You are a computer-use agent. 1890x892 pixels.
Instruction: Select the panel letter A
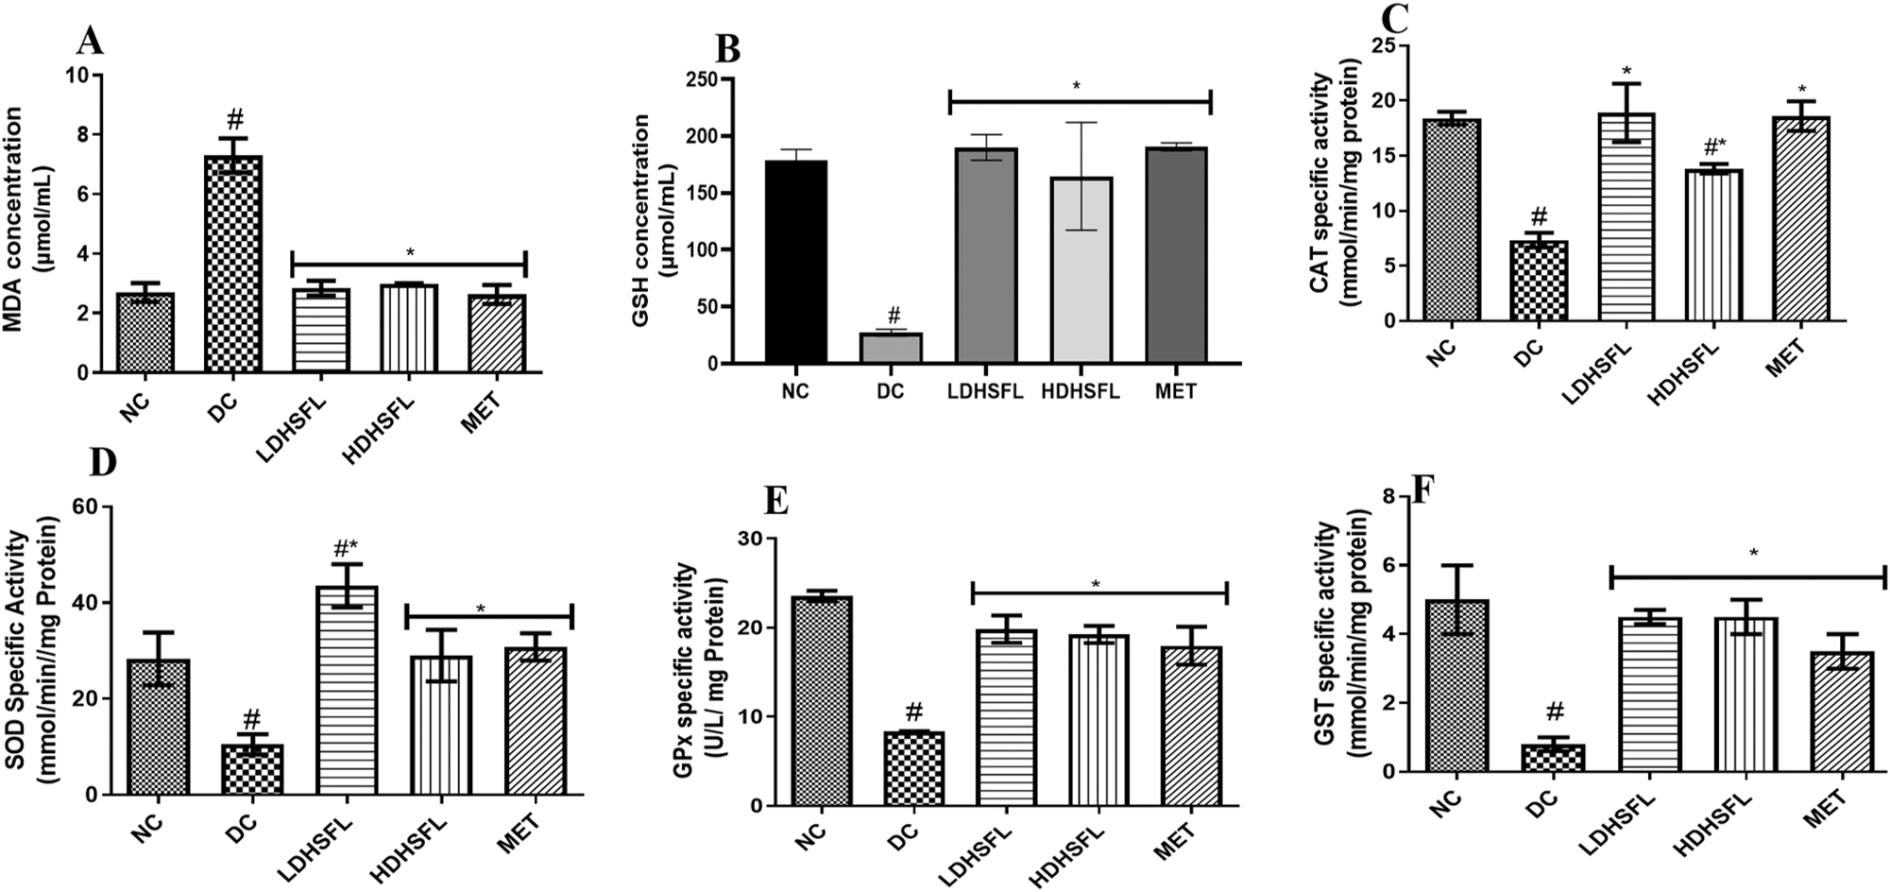coord(89,42)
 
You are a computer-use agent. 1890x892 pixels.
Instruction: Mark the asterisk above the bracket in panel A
coord(409,252)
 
